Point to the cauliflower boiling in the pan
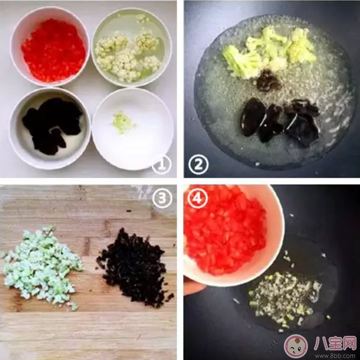click(x=268, y=51)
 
